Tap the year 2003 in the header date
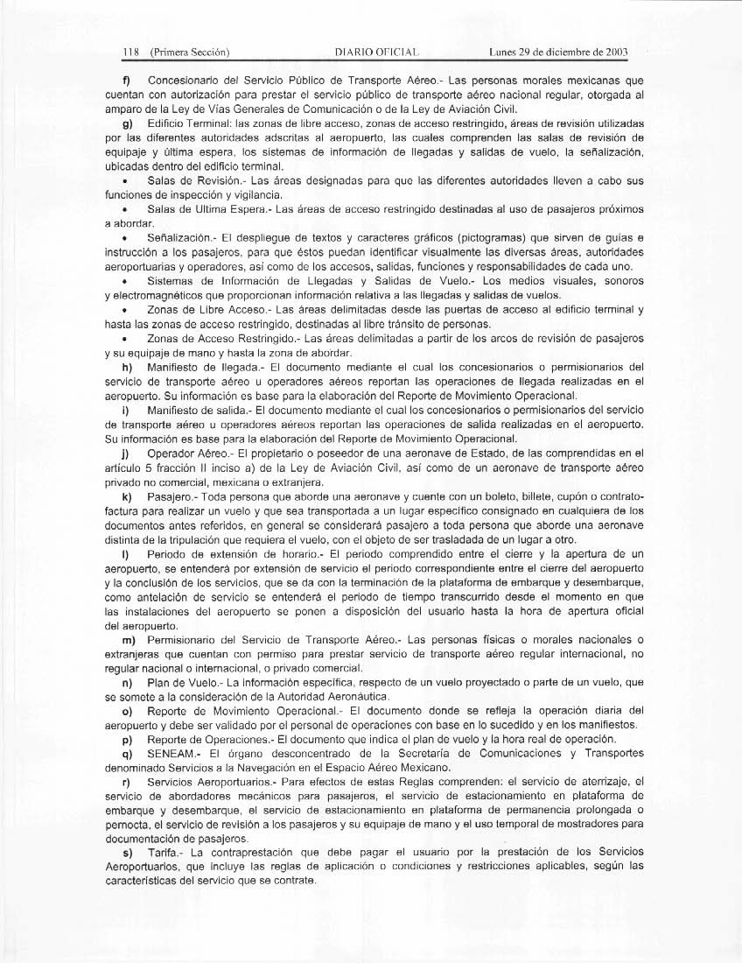[615, 52]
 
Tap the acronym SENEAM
[174, 754]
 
